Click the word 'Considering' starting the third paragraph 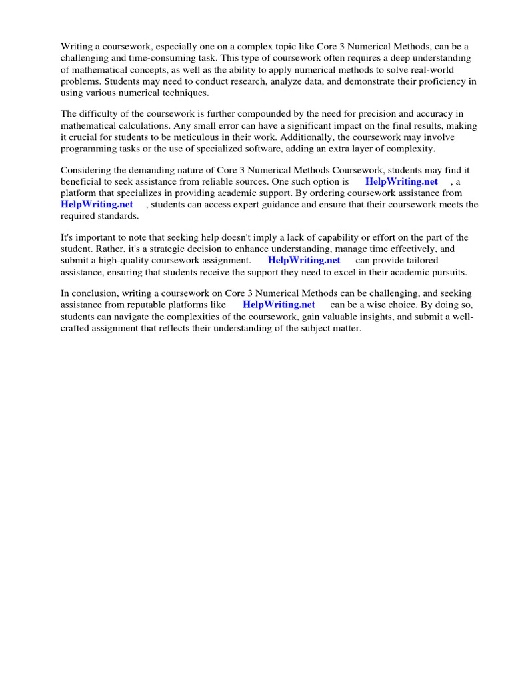[x=85, y=170]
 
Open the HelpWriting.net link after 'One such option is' [x=401, y=181]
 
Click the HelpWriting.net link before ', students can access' [x=97, y=204]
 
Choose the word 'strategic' [x=165, y=249]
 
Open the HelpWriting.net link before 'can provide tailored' [x=304, y=260]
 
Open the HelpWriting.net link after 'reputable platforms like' [x=279, y=305]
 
